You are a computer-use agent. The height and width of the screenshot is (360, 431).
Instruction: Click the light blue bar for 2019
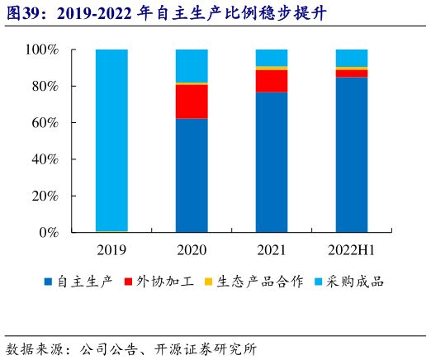111,140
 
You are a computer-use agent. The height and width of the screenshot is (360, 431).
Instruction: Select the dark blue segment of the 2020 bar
192,175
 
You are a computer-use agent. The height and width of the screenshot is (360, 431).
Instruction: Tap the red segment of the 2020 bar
192,102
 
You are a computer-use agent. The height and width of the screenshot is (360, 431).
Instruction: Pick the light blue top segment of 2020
192,65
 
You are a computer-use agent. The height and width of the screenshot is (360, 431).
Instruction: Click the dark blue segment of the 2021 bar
272,162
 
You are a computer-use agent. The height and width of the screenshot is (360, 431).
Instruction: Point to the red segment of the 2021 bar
272,81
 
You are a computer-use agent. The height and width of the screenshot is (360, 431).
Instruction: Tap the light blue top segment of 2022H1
352,58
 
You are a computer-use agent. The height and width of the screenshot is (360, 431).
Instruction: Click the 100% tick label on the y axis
41,50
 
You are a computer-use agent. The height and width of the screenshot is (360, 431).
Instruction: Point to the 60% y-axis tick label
45,123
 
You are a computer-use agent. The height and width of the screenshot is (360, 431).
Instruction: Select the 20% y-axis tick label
45,196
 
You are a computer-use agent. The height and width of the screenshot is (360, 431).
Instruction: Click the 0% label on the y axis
48,233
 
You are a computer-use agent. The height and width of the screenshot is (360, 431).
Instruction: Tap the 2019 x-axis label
111,249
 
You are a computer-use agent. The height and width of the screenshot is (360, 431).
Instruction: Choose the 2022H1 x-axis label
352,249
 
